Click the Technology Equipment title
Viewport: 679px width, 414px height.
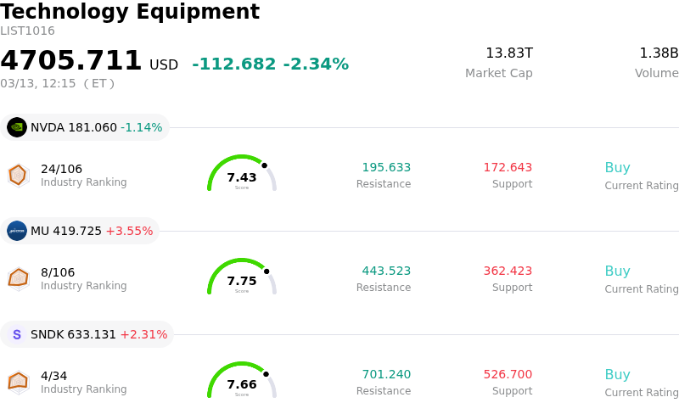click(130, 12)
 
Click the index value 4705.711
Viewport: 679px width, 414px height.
click(71, 61)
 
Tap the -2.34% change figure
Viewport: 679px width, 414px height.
click(316, 64)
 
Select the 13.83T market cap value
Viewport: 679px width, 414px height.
click(509, 53)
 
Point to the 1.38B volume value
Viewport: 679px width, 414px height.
click(659, 53)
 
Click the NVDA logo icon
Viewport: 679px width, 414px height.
click(17, 127)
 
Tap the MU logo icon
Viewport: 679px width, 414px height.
click(17, 231)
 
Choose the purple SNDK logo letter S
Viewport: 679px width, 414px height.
click(17, 334)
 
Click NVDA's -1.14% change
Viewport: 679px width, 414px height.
click(141, 127)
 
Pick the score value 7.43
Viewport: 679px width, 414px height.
click(242, 177)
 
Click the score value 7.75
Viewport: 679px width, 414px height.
click(242, 281)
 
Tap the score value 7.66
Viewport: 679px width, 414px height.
click(242, 384)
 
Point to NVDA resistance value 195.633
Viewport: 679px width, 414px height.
click(386, 167)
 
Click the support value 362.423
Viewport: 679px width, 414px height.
click(508, 271)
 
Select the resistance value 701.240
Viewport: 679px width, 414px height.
click(386, 374)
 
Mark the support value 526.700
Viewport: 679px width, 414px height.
click(508, 374)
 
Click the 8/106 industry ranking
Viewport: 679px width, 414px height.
click(58, 272)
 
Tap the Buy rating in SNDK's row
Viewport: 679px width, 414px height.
click(617, 374)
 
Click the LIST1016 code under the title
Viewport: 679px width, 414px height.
click(27, 31)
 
